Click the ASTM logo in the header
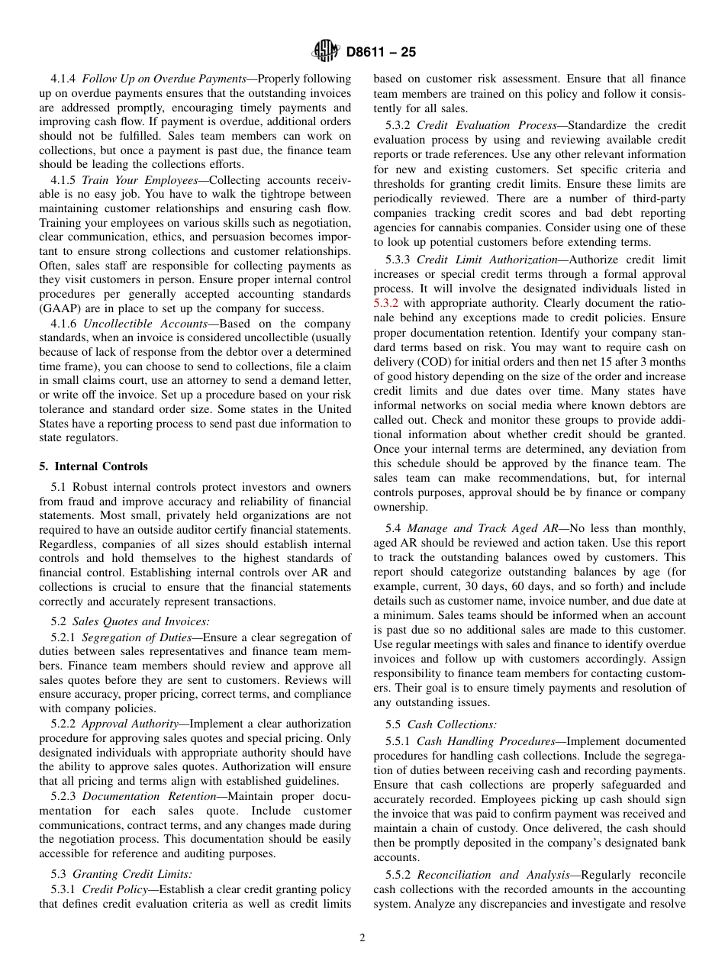click(326, 52)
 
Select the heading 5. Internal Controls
click(94, 466)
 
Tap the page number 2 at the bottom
click(362, 938)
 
